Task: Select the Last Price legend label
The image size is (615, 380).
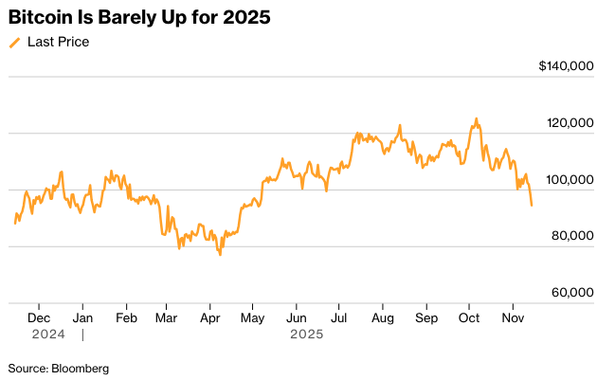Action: point(58,42)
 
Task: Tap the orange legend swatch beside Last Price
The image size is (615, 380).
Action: point(14,43)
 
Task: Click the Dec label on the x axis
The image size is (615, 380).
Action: point(39,318)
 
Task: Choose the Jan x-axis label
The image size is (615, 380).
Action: point(82,318)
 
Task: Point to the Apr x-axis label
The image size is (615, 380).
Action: point(209,318)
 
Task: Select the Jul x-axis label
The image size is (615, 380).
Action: point(338,318)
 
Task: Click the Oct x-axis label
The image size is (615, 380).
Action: point(469,318)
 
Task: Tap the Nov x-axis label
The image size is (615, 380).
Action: point(513,318)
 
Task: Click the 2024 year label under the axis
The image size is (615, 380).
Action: point(47,335)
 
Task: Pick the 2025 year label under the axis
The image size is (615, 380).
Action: point(306,335)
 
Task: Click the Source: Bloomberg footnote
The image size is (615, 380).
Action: point(59,368)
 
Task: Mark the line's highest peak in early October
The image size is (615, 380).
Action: point(476,118)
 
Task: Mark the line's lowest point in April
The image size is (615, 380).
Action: point(221,255)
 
